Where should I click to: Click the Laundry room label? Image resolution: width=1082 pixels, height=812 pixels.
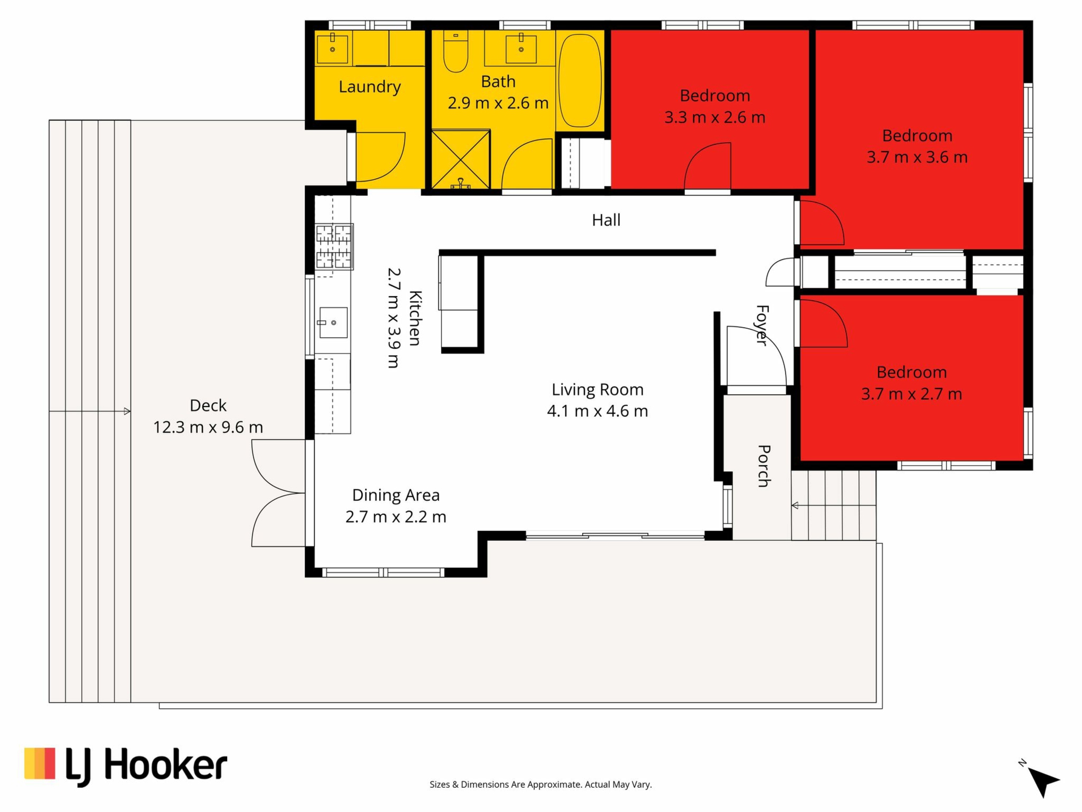pos(370,87)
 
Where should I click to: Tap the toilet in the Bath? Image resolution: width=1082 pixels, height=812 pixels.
pos(455,52)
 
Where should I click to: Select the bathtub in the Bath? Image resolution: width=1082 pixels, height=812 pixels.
pos(579,81)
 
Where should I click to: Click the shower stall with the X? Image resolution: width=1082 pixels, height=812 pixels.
pos(460,160)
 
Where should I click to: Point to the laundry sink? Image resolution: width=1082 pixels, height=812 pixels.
pos(332,48)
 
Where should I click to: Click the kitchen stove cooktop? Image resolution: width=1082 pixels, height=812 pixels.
pos(334,246)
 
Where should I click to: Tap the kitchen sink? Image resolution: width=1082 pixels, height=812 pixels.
pos(333,322)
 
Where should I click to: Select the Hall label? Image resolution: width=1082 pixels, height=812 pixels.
pos(606,220)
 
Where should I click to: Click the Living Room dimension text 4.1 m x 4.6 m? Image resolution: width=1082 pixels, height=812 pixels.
pos(597,411)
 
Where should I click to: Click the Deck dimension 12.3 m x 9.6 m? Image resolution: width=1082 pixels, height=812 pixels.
pos(208,427)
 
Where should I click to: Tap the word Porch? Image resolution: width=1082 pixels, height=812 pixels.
pos(764,466)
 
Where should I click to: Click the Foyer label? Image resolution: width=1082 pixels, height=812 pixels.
pos(762,325)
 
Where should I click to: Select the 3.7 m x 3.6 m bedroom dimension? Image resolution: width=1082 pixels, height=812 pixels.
pos(917,157)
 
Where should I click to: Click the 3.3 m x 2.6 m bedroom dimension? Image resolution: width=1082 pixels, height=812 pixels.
pos(715,117)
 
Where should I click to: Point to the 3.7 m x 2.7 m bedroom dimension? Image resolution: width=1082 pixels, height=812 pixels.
pos(911,394)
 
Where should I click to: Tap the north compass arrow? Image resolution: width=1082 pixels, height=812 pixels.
pos(1043,781)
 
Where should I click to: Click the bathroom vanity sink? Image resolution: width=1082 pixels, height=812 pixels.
pos(521,48)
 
